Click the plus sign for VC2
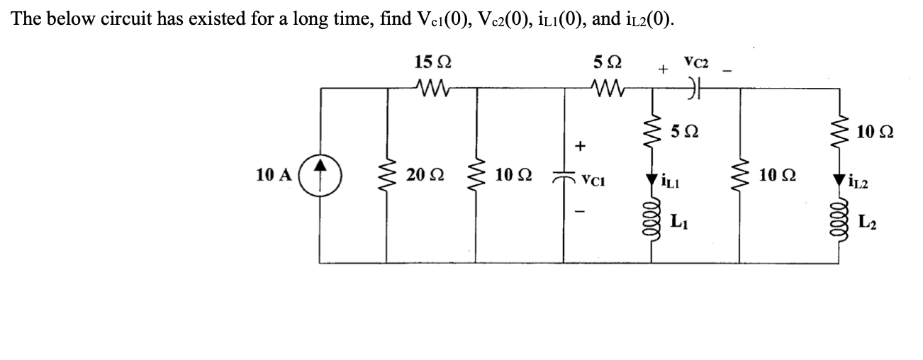(663, 69)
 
